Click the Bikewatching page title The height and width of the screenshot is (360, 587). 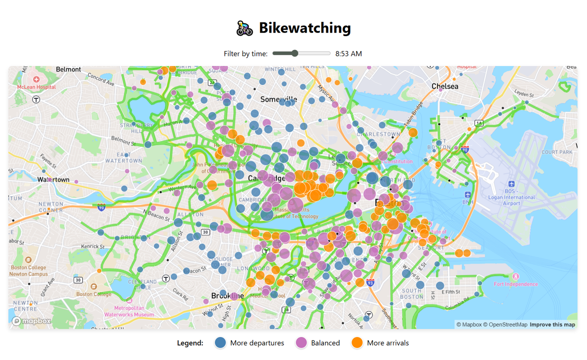304,28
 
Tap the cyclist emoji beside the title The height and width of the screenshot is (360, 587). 244,28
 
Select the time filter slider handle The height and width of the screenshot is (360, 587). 295,53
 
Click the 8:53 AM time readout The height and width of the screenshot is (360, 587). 348,53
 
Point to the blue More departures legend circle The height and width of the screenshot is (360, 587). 220,343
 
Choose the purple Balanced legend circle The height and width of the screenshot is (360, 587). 301,343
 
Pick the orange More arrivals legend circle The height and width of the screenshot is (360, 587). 357,343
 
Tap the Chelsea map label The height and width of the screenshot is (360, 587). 444,86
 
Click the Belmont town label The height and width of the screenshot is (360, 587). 68,69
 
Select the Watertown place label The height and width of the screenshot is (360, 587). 53,179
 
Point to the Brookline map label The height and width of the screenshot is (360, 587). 227,296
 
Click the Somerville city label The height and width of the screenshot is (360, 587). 278,99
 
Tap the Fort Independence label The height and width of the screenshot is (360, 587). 515,284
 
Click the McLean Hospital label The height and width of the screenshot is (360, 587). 36,87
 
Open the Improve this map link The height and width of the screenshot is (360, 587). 552,324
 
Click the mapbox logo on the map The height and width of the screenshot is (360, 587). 31,321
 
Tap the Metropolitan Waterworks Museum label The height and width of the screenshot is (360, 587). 129,311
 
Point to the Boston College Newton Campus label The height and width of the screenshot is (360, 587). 28,270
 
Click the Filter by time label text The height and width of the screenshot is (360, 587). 245,53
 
